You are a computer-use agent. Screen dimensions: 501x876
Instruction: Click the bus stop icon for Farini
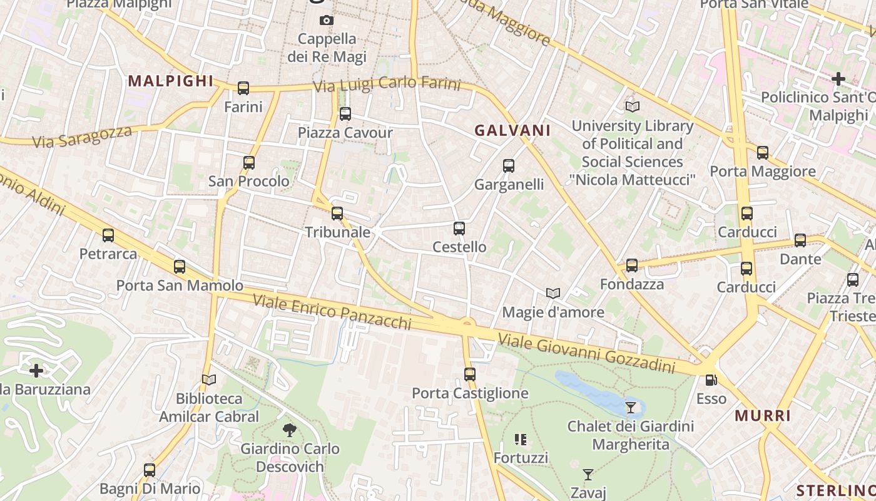243,88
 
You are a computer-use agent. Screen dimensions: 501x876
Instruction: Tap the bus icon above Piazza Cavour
345,114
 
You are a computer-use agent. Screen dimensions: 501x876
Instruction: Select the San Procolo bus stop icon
249,163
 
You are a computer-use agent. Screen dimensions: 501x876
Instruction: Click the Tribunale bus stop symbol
337,214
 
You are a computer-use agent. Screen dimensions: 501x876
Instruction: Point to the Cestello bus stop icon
459,229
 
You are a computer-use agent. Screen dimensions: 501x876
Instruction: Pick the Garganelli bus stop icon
509,166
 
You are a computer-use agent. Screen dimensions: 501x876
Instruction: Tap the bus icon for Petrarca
108,235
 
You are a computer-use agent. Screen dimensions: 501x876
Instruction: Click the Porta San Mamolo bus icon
180,267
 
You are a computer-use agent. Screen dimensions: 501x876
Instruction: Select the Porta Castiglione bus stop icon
470,374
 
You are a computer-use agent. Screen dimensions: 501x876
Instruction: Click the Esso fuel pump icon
711,380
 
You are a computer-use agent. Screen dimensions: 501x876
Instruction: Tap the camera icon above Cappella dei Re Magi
326,21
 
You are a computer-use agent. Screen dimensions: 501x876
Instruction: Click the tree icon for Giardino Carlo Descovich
290,430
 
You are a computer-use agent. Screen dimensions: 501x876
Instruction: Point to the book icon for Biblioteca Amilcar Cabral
209,380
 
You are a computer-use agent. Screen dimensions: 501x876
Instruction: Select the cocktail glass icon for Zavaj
588,475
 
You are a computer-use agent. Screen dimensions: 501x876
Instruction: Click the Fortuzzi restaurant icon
521,440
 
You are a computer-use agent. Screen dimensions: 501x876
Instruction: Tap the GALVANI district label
512,130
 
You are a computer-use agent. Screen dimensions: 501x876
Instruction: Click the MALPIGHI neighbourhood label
171,81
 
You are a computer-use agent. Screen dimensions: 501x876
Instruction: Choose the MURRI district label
763,416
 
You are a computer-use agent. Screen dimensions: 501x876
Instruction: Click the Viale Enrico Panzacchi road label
332,311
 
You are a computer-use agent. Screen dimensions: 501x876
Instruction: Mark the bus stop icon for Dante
800,240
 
